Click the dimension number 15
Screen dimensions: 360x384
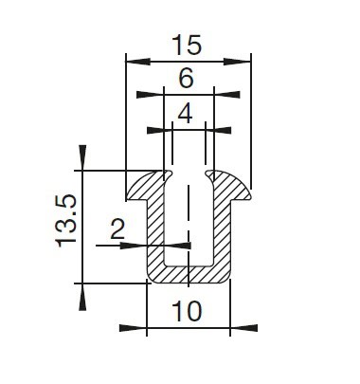pyautogui.click(x=187, y=46)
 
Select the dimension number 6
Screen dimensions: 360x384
pyautogui.click(x=186, y=79)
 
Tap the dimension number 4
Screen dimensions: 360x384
pyautogui.click(x=186, y=114)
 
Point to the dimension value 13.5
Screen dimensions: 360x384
pyautogui.click(x=66, y=220)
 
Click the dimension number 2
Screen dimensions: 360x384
pyautogui.click(x=117, y=229)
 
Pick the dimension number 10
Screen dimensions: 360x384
pyautogui.click(x=187, y=311)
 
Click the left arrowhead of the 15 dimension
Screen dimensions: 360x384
pyautogui.click(x=138, y=62)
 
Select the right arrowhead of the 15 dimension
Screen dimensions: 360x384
pyautogui.click(x=237, y=62)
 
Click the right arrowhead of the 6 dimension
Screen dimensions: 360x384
pyautogui.click(x=226, y=95)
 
